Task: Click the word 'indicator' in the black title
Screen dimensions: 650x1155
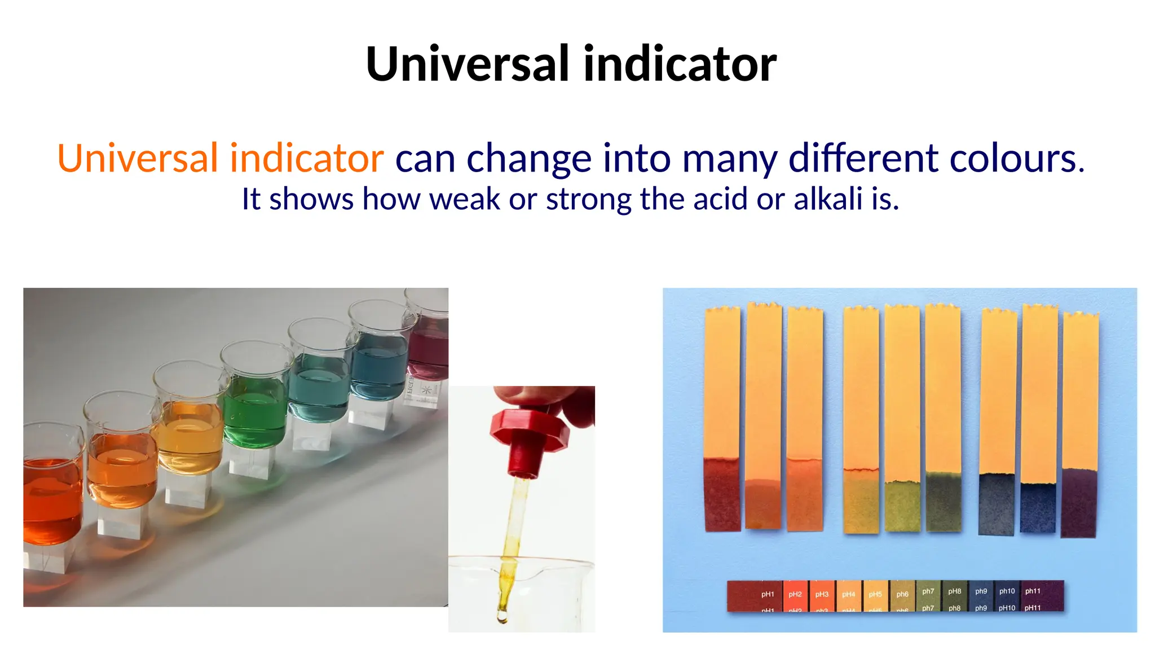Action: (x=680, y=64)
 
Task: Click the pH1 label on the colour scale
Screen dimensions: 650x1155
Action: (x=767, y=594)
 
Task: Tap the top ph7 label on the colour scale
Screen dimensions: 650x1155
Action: (x=928, y=591)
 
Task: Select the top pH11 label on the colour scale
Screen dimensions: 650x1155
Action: (x=1033, y=591)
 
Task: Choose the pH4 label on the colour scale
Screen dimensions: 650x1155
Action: (x=848, y=594)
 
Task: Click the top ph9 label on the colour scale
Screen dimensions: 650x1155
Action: (x=981, y=591)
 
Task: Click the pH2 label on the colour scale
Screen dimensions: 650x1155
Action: (x=795, y=594)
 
